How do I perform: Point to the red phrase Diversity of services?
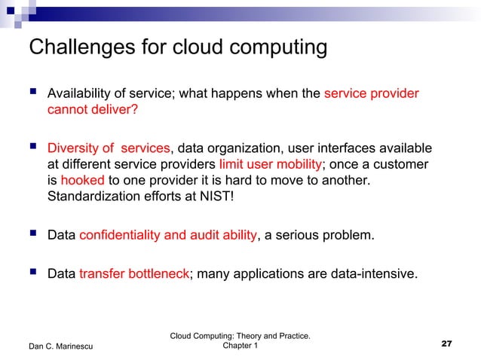(x=109, y=147)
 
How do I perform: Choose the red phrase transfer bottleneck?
(x=133, y=274)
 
